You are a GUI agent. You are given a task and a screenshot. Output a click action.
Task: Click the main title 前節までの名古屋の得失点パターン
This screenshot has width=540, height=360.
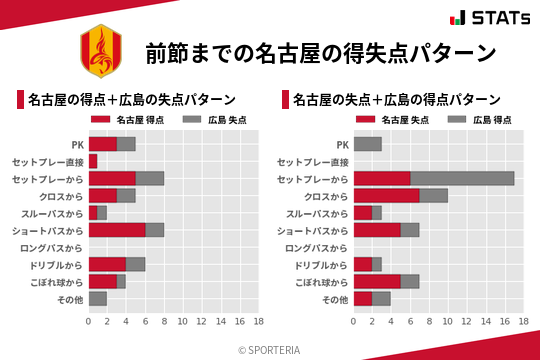click(320, 52)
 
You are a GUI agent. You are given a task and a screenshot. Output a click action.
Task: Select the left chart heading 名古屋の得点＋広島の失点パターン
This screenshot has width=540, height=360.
click(131, 99)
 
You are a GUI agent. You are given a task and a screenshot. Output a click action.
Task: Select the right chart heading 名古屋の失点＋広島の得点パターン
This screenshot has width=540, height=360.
click(397, 99)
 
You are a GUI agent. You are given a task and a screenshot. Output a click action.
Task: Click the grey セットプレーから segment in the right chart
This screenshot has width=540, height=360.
click(462, 178)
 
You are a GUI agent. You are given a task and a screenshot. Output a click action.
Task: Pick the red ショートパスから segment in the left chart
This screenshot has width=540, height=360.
click(117, 229)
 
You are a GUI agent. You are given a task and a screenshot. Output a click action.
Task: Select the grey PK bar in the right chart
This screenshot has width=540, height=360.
click(367, 144)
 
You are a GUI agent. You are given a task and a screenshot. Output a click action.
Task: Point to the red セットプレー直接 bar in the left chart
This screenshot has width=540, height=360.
click(93, 161)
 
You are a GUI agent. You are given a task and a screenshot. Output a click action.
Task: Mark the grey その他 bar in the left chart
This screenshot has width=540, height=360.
click(98, 298)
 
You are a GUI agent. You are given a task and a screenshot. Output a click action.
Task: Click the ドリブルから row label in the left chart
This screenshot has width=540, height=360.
click(57, 264)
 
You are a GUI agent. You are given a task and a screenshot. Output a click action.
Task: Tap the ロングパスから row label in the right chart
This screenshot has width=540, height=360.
click(317, 247)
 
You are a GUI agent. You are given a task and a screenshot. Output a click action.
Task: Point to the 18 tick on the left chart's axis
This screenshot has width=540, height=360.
click(258, 321)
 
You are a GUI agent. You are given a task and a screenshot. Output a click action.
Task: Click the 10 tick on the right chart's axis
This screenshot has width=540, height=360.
click(447, 321)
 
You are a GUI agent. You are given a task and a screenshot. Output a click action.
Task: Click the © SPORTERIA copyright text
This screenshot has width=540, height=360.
click(270, 349)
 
